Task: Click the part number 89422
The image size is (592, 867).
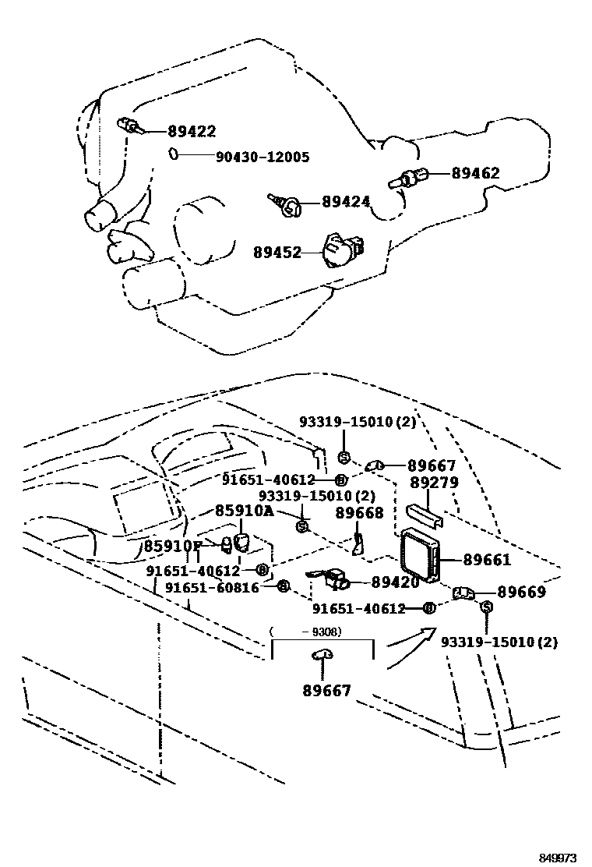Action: coord(192,132)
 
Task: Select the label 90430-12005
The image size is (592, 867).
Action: coord(263,157)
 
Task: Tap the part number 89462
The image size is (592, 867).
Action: coord(475,173)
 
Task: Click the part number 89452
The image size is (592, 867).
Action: coord(277,252)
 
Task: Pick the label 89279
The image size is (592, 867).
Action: coord(434,483)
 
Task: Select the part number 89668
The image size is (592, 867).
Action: coord(359,512)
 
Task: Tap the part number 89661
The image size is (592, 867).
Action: coord(487,560)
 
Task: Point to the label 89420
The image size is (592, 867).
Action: coord(395,582)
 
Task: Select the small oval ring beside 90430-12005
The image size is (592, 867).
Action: coord(174,154)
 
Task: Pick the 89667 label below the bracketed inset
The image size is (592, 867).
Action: coord(326,690)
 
